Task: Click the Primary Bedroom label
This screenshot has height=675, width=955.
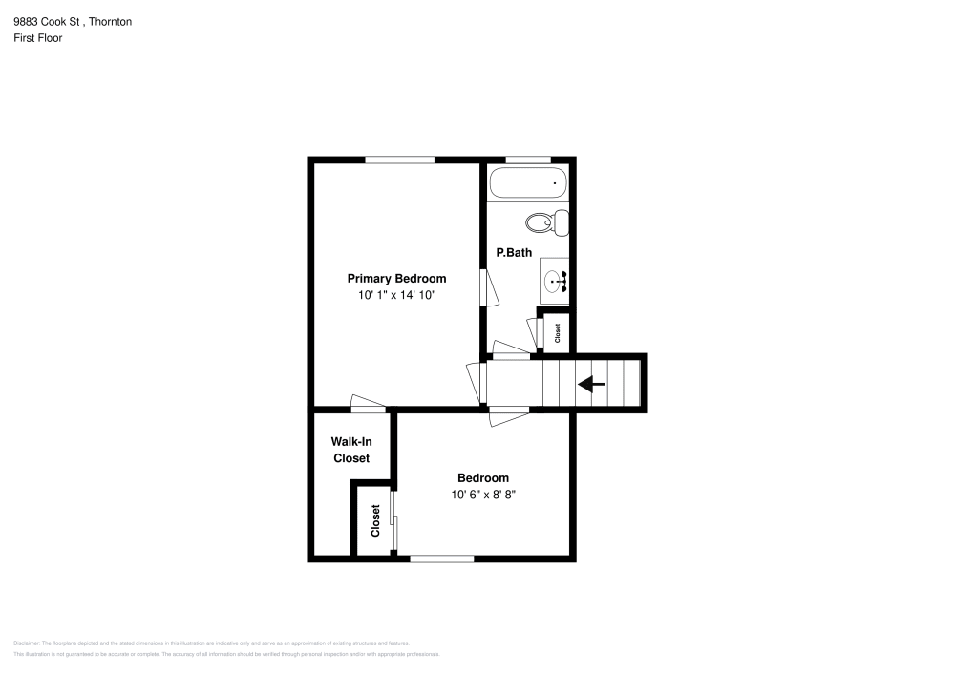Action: [x=396, y=279]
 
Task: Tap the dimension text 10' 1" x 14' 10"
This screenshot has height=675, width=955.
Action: [x=396, y=296]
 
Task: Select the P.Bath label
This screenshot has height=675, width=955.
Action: [x=513, y=253]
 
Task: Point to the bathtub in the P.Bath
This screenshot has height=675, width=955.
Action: [x=527, y=182]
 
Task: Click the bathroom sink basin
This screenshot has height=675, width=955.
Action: [x=554, y=282]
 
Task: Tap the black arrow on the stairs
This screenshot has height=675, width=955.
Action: [x=591, y=385]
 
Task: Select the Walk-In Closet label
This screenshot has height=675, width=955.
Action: [x=350, y=450]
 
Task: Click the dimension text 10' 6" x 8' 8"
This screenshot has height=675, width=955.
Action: [x=483, y=495]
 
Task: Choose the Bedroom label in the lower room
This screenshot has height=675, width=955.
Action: [x=483, y=478]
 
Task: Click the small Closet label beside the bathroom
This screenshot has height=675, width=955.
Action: [x=558, y=333]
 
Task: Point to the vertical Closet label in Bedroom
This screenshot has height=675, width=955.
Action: [x=375, y=520]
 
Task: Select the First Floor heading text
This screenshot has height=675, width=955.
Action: [x=38, y=38]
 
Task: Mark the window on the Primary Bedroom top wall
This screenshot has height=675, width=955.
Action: [x=399, y=159]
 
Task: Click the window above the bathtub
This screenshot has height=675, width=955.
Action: [x=527, y=159]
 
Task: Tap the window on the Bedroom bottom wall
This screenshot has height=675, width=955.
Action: [x=441, y=559]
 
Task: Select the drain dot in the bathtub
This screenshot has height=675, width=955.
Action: [x=555, y=181]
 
